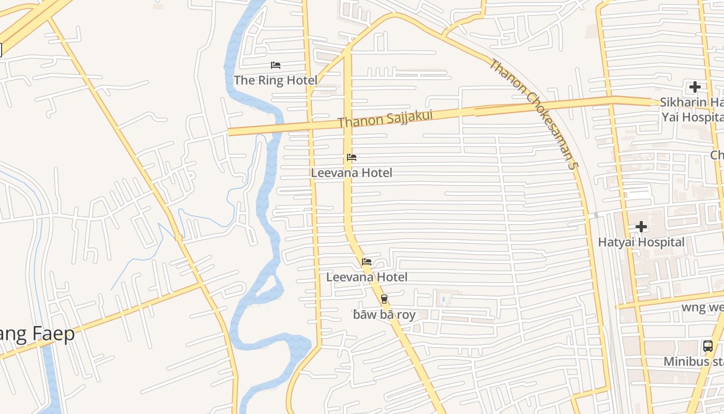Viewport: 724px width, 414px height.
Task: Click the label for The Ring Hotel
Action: [275, 80]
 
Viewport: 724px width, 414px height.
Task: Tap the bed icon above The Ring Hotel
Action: [276, 65]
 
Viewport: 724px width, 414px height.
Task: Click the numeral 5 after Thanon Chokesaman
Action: [571, 166]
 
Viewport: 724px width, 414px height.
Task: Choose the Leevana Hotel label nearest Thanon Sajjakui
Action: [352, 173]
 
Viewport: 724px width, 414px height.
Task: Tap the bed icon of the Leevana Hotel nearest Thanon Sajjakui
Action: [352, 157]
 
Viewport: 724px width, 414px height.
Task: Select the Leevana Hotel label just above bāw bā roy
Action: [367, 277]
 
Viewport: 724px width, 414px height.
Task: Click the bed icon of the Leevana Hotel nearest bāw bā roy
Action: [367, 262]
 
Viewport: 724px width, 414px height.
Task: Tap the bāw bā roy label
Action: [384, 314]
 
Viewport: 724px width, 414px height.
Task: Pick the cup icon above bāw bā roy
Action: [384, 299]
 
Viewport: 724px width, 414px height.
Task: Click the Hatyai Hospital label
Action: [641, 242]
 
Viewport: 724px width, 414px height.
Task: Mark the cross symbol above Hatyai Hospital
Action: [641, 227]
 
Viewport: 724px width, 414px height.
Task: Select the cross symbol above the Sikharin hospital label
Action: [695, 87]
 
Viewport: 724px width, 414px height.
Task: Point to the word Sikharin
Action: [683, 102]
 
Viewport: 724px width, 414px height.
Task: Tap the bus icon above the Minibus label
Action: [708, 346]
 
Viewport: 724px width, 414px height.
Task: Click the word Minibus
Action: [686, 362]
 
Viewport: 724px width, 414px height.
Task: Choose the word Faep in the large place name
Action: [54, 334]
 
